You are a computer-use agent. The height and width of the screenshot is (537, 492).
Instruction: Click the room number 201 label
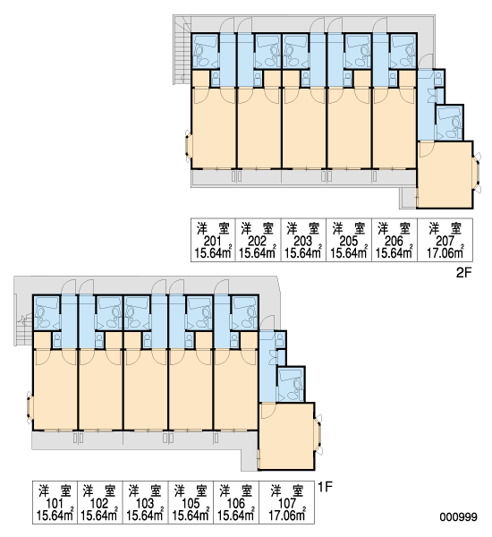click(212, 241)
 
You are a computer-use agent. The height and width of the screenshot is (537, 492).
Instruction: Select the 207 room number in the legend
click(445, 241)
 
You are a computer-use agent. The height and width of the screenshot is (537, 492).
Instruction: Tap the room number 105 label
click(191, 503)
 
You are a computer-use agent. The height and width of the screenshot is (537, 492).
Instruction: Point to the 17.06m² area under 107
click(287, 515)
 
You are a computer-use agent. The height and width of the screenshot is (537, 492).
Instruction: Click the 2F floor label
click(464, 273)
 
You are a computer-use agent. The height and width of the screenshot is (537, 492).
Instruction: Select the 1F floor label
click(326, 487)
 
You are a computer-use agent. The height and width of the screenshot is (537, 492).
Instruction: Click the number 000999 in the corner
click(458, 516)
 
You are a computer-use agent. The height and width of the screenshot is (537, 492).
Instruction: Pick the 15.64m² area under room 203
click(303, 252)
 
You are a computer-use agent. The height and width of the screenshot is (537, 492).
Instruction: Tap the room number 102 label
click(99, 503)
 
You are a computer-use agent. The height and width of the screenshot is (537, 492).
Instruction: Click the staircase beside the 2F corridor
click(182, 49)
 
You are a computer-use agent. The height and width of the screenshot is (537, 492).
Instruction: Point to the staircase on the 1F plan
click(23, 328)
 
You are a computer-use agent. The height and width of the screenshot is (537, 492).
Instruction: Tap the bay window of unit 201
click(188, 146)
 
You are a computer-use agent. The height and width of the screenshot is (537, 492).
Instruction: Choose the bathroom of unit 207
click(450, 123)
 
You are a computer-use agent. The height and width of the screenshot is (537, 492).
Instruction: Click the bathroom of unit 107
click(291, 384)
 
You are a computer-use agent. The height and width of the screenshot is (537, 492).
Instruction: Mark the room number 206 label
click(394, 241)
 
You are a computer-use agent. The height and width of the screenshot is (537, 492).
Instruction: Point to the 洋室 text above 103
click(145, 490)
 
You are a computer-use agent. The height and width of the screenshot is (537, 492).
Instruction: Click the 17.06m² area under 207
click(445, 252)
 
